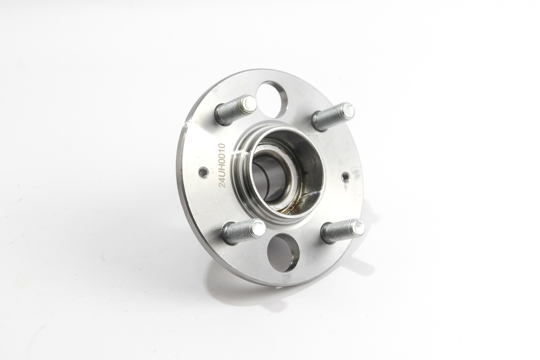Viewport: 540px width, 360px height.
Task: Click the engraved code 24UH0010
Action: click(222, 166)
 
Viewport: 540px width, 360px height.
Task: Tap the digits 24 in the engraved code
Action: click(223, 184)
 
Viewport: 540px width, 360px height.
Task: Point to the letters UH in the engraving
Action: click(223, 173)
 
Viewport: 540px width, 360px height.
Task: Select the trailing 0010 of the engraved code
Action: click(222, 155)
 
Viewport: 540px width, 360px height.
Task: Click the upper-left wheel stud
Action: click(236, 109)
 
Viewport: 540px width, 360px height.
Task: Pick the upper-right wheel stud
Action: click(333, 116)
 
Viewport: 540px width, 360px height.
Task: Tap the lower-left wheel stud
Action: click(244, 231)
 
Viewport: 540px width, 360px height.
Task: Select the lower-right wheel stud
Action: click(342, 230)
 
